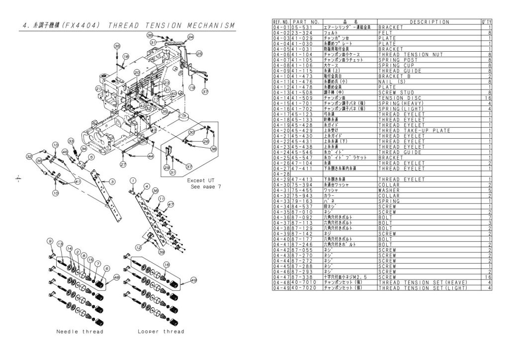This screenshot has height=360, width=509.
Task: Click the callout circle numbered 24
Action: click(190, 37)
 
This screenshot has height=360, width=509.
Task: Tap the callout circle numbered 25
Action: click(199, 54)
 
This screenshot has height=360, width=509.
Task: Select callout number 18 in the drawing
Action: click(126, 57)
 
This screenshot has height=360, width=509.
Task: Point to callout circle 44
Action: click(150, 156)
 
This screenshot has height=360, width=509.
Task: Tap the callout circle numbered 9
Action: click(50, 241)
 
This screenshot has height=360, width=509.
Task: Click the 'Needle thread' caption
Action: click(80, 332)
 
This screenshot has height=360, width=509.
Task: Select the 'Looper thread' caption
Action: click(161, 332)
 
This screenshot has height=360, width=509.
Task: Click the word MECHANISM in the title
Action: click(208, 25)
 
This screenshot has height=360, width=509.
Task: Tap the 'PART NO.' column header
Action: click(306, 22)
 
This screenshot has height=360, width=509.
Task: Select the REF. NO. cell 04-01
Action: click(281, 27)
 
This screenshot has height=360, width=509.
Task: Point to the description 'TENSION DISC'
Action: click(400, 98)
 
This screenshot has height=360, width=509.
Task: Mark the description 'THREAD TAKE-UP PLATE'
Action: click(414, 131)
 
